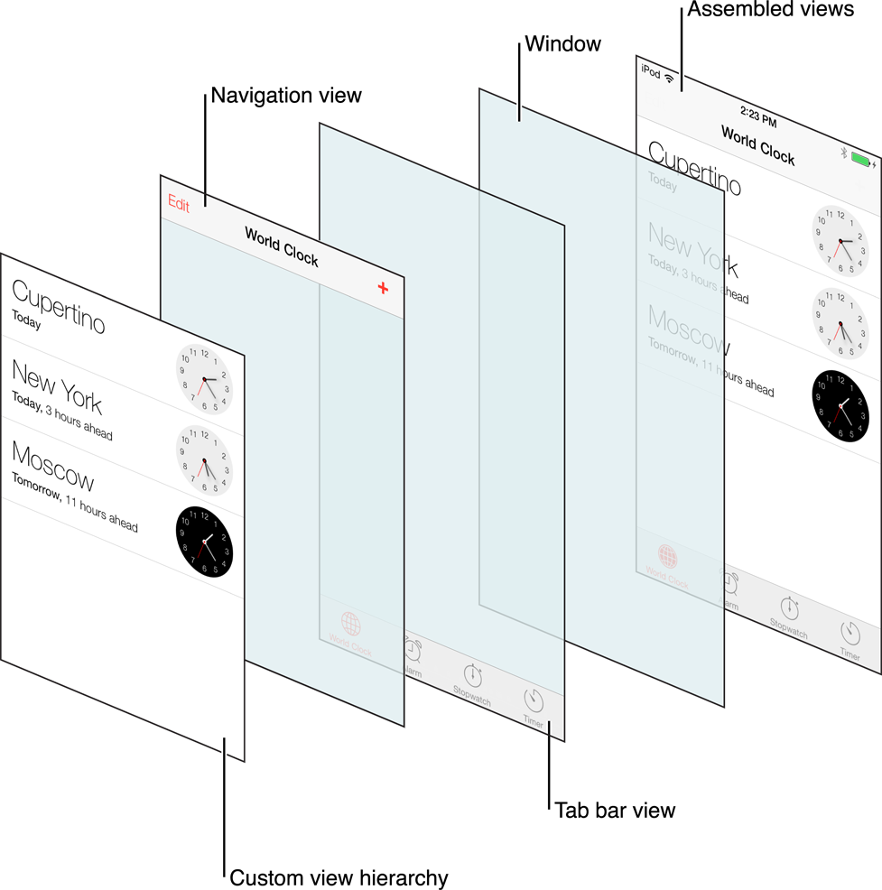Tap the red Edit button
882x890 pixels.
click(x=179, y=205)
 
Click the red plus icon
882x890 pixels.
click(x=383, y=288)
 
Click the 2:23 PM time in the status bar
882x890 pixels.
click(x=757, y=117)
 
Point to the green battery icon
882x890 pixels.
click(x=860, y=161)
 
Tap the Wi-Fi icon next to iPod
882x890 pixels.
click(x=669, y=79)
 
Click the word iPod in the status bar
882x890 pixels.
click(x=650, y=70)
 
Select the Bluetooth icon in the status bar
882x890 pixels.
click(x=843, y=153)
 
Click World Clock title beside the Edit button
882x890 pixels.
click(x=281, y=246)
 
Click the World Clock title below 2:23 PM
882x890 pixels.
click(x=757, y=144)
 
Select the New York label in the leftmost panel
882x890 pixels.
click(x=56, y=385)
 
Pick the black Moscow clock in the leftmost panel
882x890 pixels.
click(x=204, y=542)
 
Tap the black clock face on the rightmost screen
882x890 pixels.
click(x=841, y=406)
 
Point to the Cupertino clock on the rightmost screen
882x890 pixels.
click(x=840, y=241)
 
